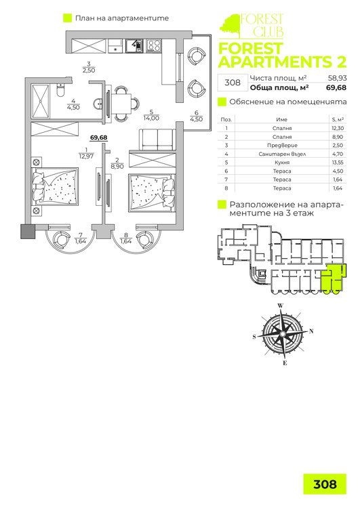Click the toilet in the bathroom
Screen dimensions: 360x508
[x=60, y=90]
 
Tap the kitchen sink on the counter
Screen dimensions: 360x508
[x=134, y=45]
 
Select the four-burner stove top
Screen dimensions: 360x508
[x=153, y=45]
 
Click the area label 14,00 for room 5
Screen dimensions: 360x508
[x=151, y=119]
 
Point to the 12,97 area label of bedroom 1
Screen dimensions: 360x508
[x=86, y=156]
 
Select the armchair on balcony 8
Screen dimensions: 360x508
[x=144, y=239]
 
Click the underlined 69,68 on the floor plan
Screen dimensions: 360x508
[x=98, y=137]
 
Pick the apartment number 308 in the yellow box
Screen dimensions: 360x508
[x=325, y=484]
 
